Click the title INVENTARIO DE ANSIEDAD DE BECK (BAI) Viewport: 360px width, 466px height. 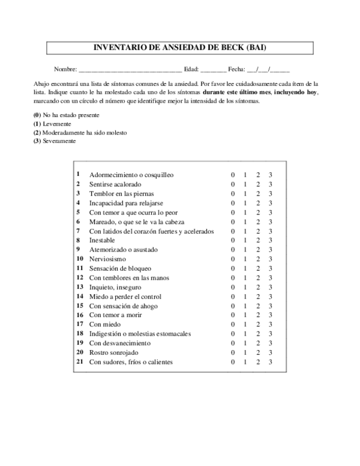pyautogui.click(x=179, y=47)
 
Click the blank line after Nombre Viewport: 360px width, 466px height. pyautogui.click(x=130, y=70)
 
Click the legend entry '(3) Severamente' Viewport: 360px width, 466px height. pyautogui.click(x=55, y=141)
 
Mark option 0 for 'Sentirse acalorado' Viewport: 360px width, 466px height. pyautogui.click(x=233, y=184)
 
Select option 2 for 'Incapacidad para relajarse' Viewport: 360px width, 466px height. pyautogui.click(x=258, y=203)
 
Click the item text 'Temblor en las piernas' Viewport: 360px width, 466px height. pyautogui.click(x=121, y=194)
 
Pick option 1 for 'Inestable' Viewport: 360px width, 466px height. pyautogui.click(x=245, y=240)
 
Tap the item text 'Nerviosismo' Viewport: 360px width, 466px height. pyautogui.click(x=107, y=259)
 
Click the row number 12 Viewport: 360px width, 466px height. pyautogui.click(x=79, y=277)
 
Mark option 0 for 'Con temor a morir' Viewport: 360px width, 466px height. pyautogui.click(x=233, y=315)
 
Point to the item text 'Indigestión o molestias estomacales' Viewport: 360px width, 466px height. pyautogui.click(x=140, y=334)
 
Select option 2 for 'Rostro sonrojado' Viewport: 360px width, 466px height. pyautogui.click(x=258, y=353)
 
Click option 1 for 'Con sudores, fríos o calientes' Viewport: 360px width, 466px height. pyautogui.click(x=245, y=362)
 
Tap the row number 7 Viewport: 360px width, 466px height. pyautogui.click(x=78, y=231)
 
